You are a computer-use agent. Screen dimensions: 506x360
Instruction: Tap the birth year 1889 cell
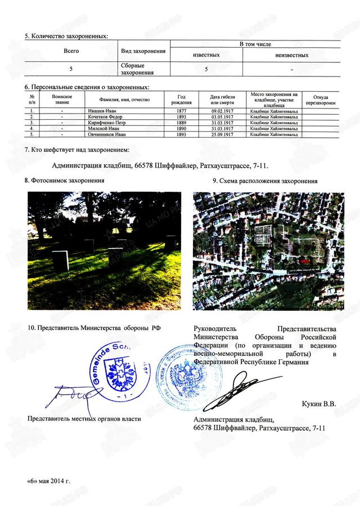click(181, 123)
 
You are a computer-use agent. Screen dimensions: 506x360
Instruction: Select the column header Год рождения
click(181, 100)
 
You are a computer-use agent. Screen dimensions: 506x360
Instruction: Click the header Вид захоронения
click(143, 51)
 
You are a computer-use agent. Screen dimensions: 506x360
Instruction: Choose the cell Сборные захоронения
click(133, 69)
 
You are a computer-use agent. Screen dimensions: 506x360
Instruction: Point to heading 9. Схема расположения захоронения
click(265, 181)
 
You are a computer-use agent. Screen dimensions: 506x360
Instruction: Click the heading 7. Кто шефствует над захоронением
click(77, 150)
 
